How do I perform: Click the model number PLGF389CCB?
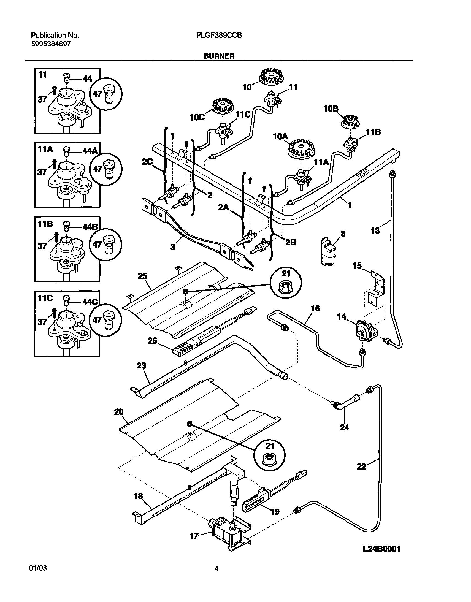(x=219, y=35)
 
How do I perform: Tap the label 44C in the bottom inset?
(x=90, y=302)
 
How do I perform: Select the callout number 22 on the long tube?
(x=362, y=467)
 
